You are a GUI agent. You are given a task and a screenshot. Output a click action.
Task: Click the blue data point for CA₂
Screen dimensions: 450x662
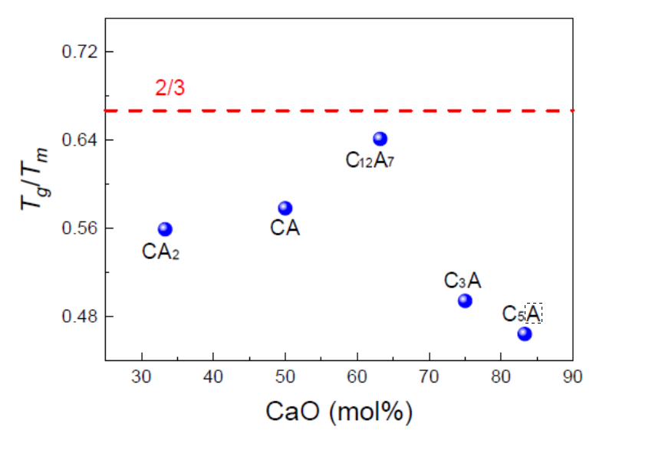coord(165,228)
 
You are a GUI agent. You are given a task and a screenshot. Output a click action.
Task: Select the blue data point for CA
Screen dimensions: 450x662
coord(285,208)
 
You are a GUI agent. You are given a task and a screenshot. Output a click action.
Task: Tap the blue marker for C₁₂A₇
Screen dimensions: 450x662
coord(380,139)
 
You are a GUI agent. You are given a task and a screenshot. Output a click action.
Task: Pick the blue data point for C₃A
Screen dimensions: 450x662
coord(465,301)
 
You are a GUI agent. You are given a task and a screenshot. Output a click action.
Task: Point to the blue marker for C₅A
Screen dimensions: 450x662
coord(525,333)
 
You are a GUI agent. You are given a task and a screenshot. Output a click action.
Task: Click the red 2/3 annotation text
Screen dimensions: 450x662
coord(170,89)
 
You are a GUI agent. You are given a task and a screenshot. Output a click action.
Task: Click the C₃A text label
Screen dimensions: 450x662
coord(463,281)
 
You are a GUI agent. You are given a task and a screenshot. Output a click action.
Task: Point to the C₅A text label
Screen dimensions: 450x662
coord(522,314)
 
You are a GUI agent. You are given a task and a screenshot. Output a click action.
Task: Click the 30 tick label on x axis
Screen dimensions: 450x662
coord(142,376)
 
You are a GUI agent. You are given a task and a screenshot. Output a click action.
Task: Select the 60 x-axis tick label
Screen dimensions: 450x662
coord(357,376)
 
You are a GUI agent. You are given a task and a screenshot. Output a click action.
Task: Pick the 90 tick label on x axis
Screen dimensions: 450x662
coord(573,376)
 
